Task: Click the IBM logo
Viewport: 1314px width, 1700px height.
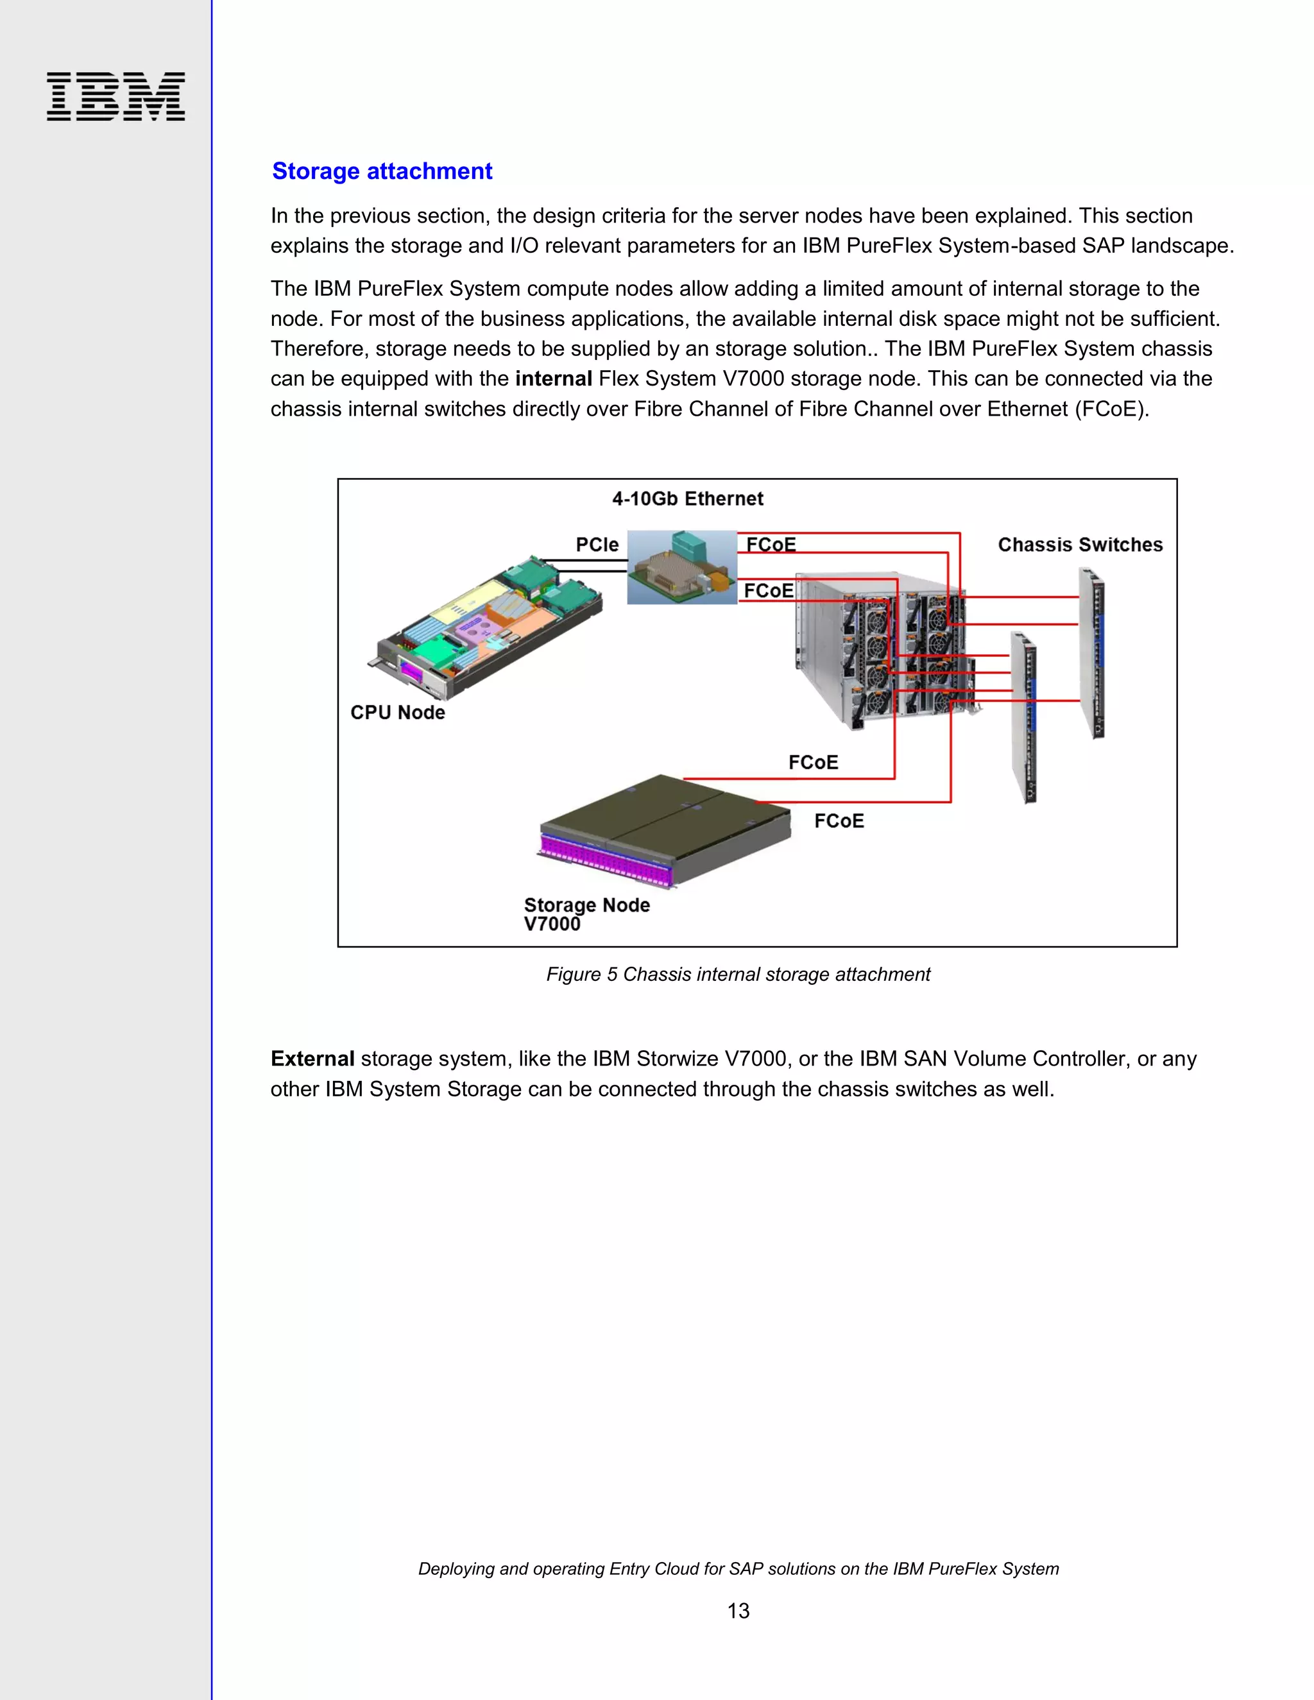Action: coord(115,96)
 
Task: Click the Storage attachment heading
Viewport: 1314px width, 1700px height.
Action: coord(382,171)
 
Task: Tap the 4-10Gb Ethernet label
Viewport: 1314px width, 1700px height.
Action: coord(687,499)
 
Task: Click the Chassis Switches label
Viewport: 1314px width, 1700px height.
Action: coord(1080,545)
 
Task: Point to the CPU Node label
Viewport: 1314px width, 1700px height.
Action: coord(397,712)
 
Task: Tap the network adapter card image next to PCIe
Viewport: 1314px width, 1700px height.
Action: coord(681,568)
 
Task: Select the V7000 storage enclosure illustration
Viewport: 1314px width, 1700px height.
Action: coord(664,831)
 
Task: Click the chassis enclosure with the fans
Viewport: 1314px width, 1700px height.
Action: coord(883,650)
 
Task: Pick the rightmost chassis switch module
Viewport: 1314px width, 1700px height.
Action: coord(1092,654)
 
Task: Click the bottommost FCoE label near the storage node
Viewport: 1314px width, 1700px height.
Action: coord(839,821)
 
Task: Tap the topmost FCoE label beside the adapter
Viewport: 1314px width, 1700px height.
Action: coord(771,544)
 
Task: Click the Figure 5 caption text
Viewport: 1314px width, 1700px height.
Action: coord(737,974)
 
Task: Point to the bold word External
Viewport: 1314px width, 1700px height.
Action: coord(312,1058)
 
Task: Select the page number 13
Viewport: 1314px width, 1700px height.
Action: coord(738,1610)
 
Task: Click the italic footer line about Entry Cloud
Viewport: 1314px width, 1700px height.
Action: coord(738,1568)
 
